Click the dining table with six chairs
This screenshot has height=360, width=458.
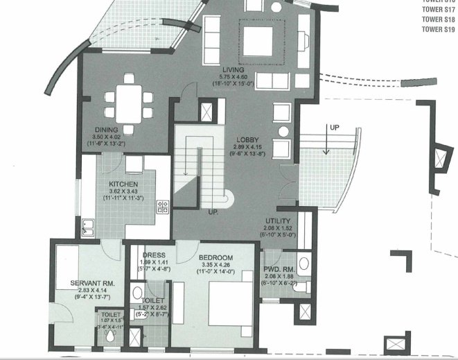(x=125, y=104)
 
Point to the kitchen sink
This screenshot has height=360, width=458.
(x=89, y=223)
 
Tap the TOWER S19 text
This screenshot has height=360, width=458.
(x=441, y=31)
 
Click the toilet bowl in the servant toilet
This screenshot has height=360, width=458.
(x=109, y=336)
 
